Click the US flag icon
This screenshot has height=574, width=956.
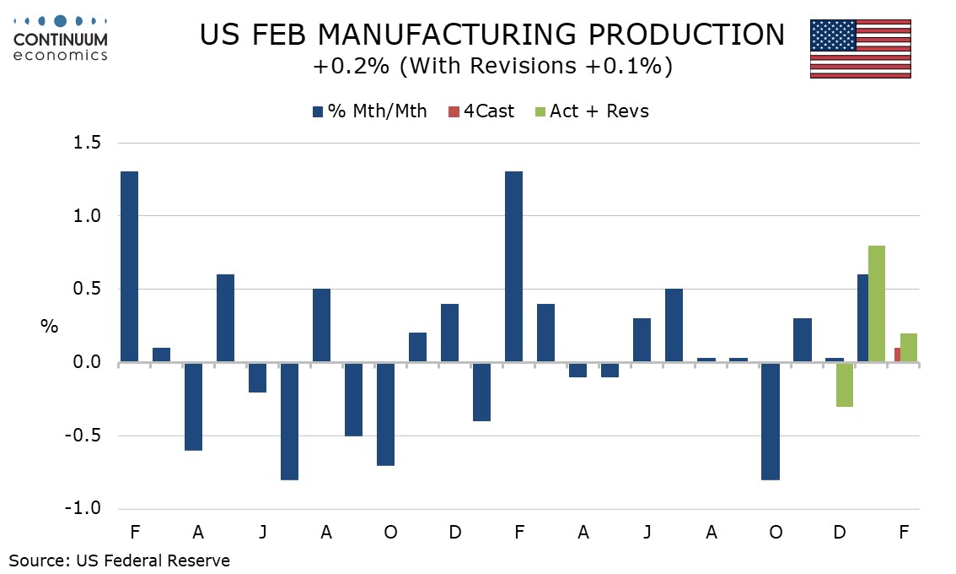coord(860,48)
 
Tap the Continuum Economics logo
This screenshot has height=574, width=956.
coord(61,36)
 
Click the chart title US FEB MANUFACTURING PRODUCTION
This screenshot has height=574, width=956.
coord(491,35)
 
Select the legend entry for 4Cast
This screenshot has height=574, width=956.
coord(481,111)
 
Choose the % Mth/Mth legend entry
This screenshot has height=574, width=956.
coord(369,111)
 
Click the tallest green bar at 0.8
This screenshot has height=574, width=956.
coord(876,304)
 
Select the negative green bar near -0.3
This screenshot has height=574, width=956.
coord(844,385)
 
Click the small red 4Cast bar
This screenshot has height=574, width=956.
coord(897,355)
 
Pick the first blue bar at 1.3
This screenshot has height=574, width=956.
coord(129,267)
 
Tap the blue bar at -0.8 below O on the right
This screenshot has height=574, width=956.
coord(770,421)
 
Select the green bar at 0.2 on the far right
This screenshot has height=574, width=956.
coord(908,348)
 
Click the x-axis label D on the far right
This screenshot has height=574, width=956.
coord(840,533)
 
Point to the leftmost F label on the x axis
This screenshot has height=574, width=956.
coord(134,533)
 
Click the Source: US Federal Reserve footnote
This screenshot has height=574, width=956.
coord(120,560)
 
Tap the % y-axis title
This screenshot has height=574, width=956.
coord(49,327)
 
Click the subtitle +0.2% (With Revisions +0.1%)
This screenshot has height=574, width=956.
coord(491,67)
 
